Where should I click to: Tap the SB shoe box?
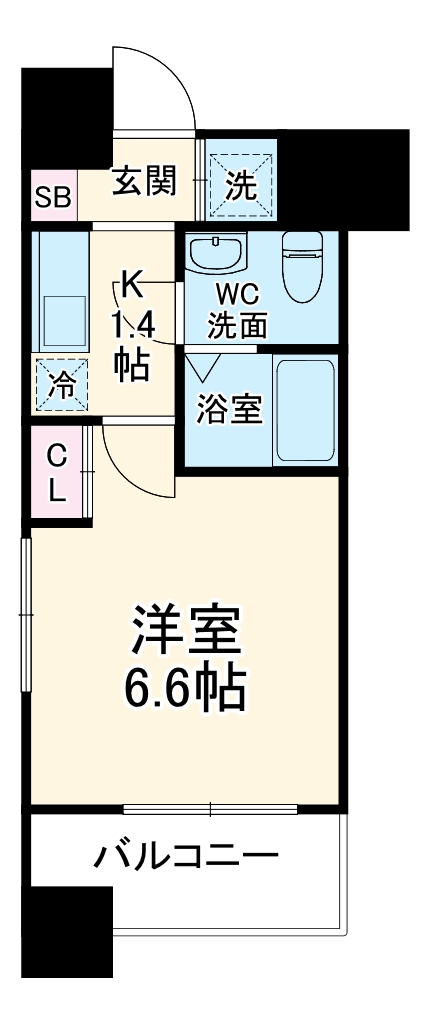coord(52,196)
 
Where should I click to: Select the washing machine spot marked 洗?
coord(240,182)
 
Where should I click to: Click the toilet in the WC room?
coord(300,265)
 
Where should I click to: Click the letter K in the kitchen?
coord(131,283)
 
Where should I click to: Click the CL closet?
coord(58,474)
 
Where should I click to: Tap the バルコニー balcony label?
coord(186,857)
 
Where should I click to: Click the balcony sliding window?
coord(211,809)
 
